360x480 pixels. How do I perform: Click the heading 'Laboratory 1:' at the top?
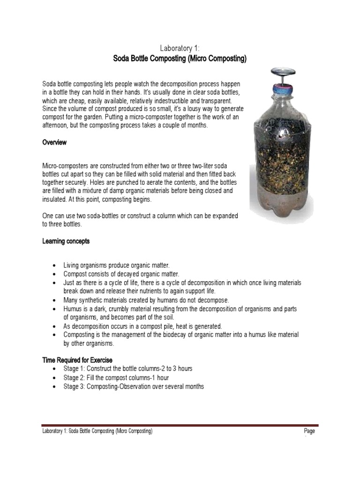180,48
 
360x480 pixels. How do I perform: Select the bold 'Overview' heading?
54,142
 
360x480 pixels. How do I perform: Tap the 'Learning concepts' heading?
66,241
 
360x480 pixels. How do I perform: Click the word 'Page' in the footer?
309,431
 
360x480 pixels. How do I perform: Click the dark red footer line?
180,425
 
